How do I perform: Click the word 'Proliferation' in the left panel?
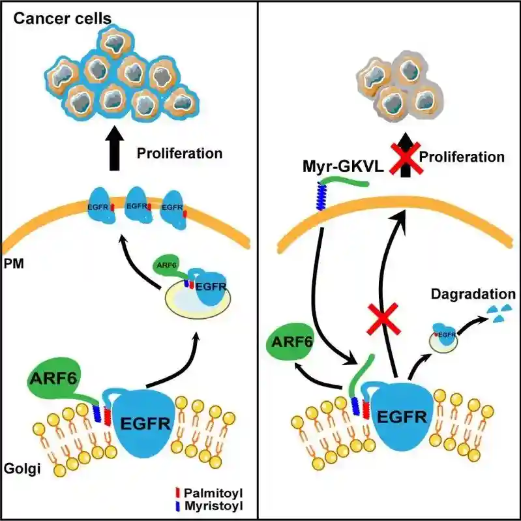180,154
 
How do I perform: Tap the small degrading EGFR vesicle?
443,336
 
